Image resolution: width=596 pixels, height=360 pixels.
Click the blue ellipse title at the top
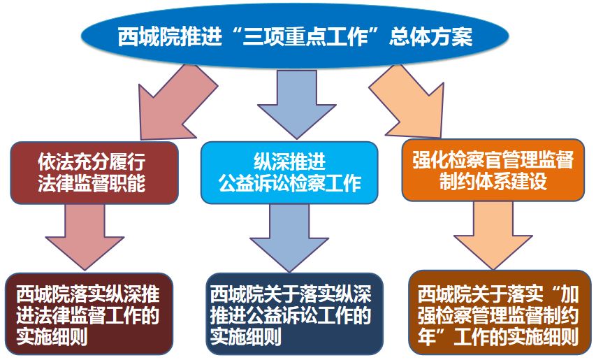coord(295,36)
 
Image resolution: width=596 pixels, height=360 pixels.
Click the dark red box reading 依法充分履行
coord(94,173)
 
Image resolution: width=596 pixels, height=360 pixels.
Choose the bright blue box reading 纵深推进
coord(289,173)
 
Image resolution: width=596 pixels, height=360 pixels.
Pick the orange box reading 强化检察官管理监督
coord(493,170)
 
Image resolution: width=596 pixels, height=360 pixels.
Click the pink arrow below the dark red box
coord(85,236)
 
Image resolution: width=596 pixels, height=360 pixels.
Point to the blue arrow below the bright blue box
coord(289,237)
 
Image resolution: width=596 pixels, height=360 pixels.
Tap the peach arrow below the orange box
coord(493,235)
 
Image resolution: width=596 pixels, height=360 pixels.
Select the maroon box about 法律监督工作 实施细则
coord(89,315)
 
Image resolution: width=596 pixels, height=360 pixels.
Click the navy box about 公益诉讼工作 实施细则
coord(295,315)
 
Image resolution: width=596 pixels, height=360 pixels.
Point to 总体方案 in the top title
coord(430,37)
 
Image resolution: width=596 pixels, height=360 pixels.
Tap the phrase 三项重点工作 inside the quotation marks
coord(305,37)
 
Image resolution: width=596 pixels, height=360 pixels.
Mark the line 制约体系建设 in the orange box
coord(493,180)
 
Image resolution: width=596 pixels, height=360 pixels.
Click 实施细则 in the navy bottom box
coord(246,336)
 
